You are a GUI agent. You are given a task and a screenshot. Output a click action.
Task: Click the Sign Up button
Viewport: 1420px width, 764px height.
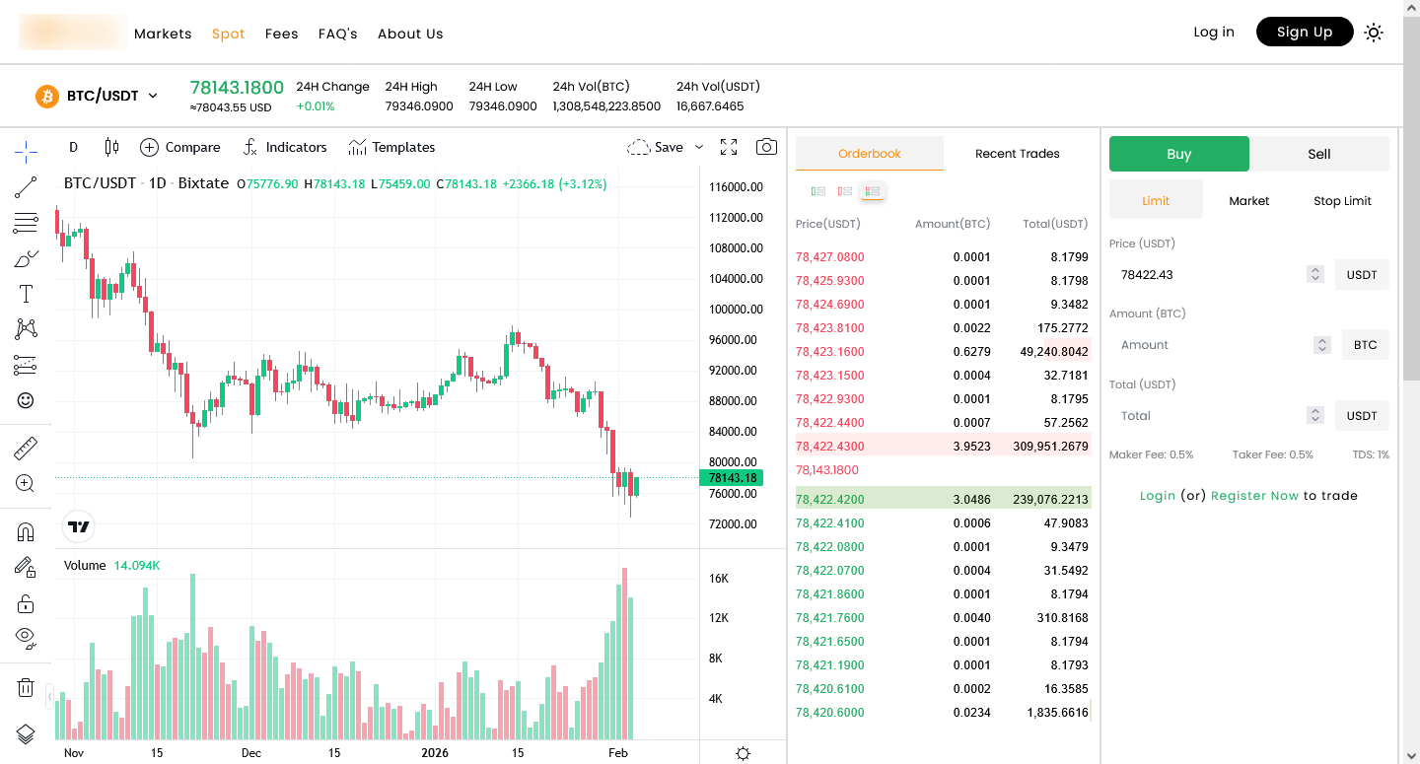pos(1304,33)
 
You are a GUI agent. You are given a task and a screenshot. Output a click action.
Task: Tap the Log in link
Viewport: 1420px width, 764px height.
pos(1213,33)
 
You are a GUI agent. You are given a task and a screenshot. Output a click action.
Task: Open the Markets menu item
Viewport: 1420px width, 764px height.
pos(163,34)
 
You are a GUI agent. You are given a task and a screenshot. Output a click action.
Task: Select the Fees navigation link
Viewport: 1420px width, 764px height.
pos(281,34)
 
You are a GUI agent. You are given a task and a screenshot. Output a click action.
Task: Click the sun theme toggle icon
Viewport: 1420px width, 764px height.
pos(1373,33)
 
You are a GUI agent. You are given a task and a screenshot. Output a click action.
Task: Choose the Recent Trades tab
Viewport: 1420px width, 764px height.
pos(1017,154)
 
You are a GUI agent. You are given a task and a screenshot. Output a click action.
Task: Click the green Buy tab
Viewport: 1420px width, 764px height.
pos(1178,154)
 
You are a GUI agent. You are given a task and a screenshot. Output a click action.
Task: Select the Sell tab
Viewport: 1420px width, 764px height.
pos(1318,154)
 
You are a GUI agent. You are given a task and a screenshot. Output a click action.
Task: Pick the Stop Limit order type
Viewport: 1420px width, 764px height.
pos(1342,201)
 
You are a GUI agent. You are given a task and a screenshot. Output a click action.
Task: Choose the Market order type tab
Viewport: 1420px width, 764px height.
pos(1248,201)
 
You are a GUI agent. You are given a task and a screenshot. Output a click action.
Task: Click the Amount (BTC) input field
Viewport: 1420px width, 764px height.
pos(1213,345)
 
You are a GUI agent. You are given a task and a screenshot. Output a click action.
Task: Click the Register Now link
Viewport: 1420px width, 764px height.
pos(1254,496)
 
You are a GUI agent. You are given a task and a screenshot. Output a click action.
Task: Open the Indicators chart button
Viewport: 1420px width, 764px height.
pos(285,148)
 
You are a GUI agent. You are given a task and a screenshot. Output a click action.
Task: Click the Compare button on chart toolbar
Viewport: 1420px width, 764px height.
pos(180,148)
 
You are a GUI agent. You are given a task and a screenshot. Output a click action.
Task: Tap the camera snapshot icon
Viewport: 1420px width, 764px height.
pos(766,148)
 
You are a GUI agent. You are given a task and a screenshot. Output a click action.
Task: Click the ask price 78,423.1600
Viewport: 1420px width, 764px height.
pos(829,352)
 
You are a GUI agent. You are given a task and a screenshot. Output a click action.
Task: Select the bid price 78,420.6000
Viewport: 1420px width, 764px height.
pos(829,713)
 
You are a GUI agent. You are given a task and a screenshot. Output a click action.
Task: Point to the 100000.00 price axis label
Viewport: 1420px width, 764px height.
pos(733,310)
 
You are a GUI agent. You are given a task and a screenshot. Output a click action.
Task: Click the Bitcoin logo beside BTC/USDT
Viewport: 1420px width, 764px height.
pos(47,97)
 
